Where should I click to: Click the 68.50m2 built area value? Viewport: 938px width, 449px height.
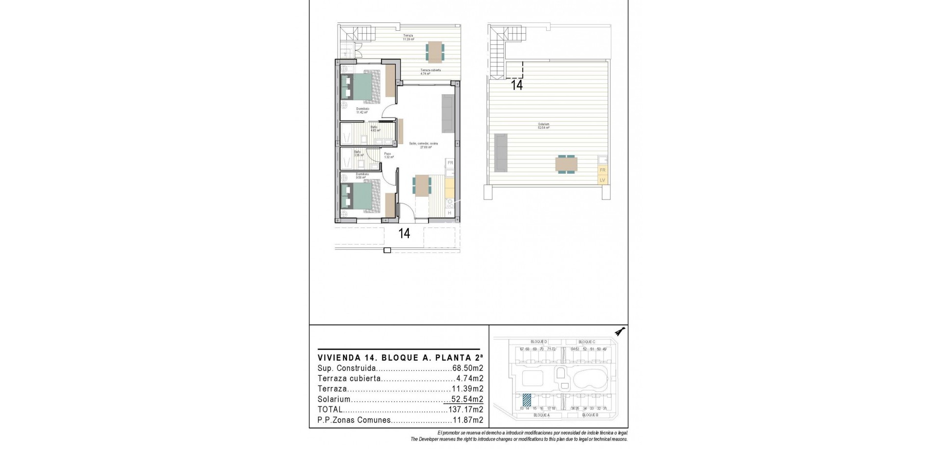(x=468, y=368)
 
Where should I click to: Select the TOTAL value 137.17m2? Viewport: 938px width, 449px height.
(x=466, y=409)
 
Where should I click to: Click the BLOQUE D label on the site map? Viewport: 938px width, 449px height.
(x=538, y=342)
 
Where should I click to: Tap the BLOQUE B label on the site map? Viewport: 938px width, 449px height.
(x=590, y=415)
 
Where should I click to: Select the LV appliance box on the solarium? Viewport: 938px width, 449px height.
(x=602, y=180)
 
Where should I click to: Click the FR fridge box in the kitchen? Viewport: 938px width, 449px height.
(x=450, y=163)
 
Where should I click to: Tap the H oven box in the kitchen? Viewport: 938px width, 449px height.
(x=450, y=213)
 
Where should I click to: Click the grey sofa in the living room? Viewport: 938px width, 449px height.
(x=448, y=113)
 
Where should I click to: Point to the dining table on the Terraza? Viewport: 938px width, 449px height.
(x=435, y=51)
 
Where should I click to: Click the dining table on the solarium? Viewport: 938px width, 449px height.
(x=566, y=164)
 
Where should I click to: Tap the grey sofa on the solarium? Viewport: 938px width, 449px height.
(x=501, y=153)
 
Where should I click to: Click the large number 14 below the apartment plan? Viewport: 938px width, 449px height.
(x=404, y=233)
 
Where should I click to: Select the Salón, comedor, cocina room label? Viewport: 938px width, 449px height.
(x=424, y=144)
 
